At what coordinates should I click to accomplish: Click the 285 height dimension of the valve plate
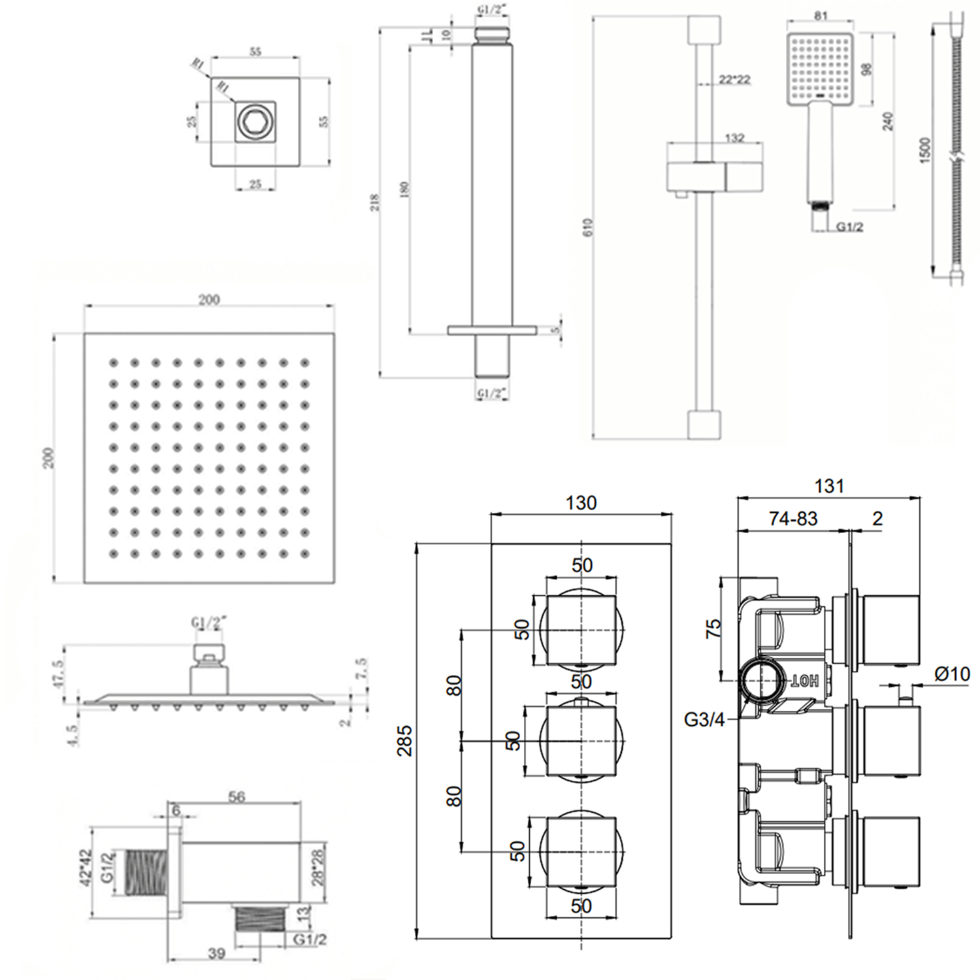click(406, 740)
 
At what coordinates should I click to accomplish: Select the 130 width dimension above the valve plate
click(581, 502)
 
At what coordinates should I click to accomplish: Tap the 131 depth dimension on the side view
click(829, 486)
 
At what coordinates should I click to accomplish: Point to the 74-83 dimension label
click(793, 518)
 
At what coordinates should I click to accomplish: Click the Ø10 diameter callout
click(952, 673)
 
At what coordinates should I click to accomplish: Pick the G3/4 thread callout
click(704, 720)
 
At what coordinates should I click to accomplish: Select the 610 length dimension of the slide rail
click(588, 227)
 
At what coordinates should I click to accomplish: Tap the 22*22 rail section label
click(734, 80)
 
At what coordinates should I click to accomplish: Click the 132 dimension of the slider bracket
click(734, 138)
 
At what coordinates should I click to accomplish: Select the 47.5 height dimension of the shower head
click(59, 674)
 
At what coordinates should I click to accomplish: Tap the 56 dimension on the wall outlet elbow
click(237, 796)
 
